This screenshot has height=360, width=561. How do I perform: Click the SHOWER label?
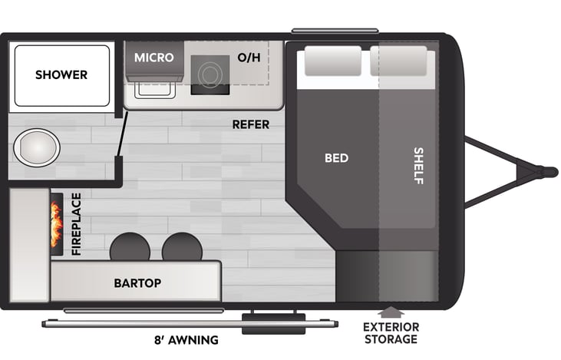point(61,74)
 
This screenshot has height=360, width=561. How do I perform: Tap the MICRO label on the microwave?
point(153,58)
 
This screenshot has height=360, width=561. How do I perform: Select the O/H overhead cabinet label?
point(249,58)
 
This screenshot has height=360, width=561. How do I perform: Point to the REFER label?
point(251,124)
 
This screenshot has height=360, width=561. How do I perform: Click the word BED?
point(336,158)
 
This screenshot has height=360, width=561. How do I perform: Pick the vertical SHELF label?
point(418,166)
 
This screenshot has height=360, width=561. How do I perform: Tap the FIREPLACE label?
point(76,224)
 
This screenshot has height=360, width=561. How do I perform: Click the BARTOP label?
point(137,283)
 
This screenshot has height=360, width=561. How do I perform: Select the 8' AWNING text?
point(186,339)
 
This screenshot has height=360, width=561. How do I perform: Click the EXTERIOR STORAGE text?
point(391,333)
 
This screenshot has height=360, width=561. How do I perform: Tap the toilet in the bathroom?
point(37,147)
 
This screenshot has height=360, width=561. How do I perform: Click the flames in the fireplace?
point(56,224)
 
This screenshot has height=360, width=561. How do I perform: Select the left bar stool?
point(130,247)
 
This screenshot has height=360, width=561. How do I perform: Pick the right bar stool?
point(182,247)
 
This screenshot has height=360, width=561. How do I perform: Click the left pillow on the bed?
point(333,61)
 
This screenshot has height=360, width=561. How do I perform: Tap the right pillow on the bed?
point(398,61)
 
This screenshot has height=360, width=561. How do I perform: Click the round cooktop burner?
point(210,74)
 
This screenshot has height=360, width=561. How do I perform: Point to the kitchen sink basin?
point(155,90)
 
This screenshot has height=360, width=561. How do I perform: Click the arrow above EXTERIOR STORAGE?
point(391,312)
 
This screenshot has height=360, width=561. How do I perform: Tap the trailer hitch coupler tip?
point(549,173)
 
